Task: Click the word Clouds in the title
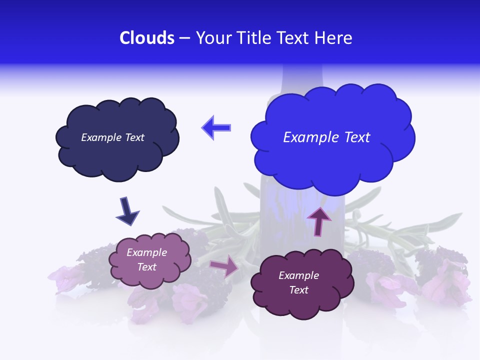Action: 146,38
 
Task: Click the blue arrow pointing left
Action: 216,127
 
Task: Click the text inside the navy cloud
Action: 112,137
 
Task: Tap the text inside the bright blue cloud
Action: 326,137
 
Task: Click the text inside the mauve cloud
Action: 147,259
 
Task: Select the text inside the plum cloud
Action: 298,282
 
